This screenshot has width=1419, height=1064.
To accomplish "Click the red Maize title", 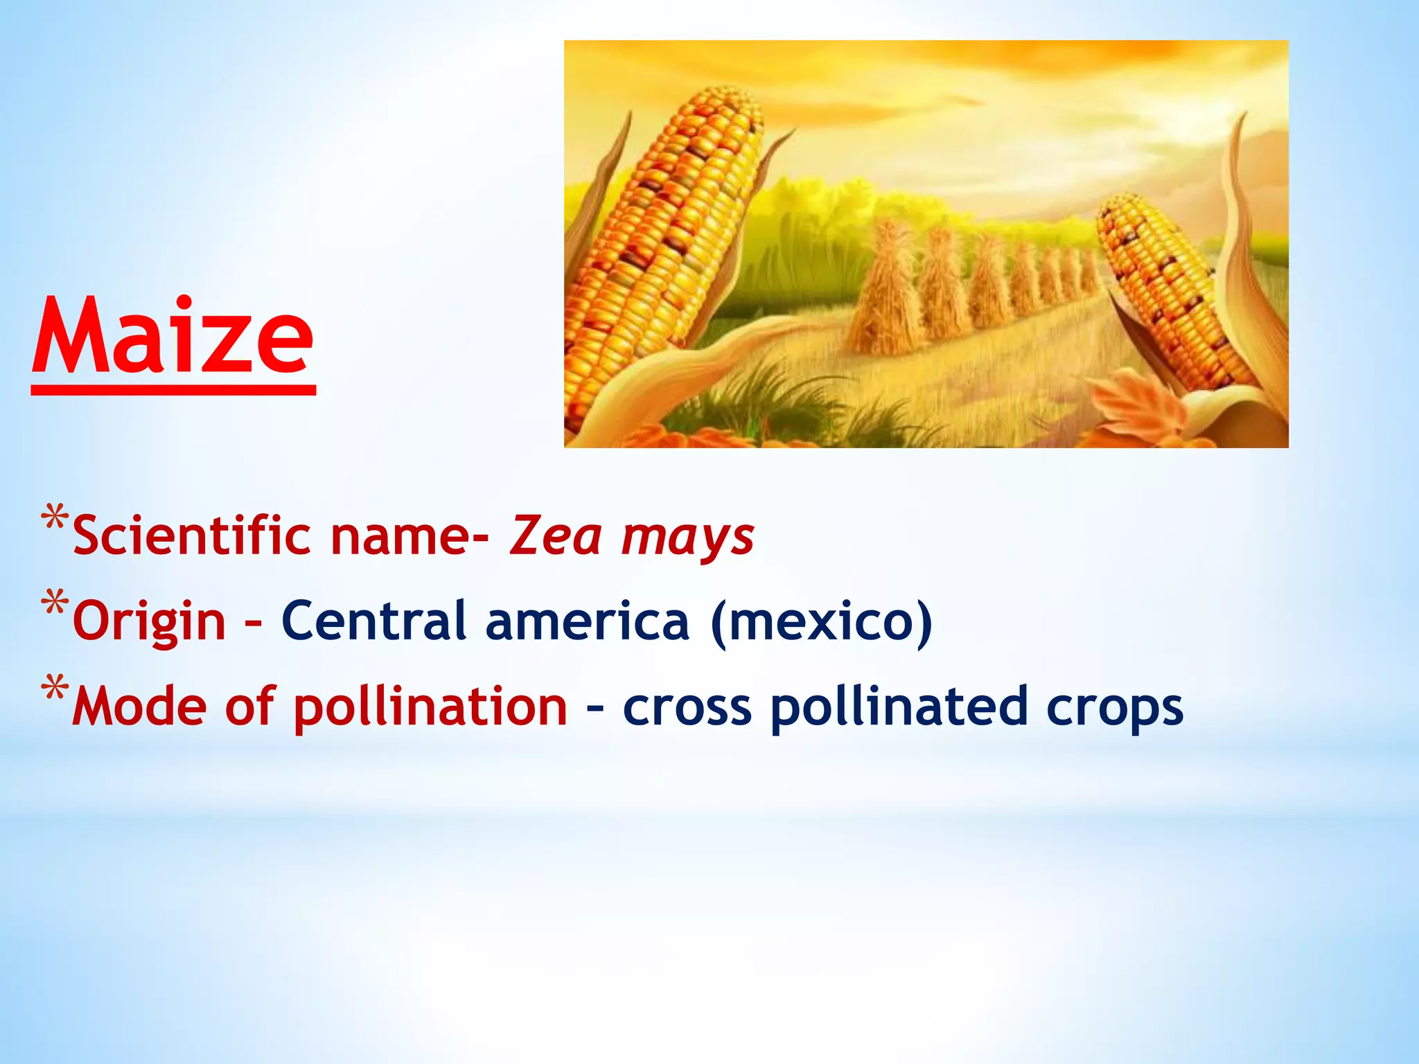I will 173,337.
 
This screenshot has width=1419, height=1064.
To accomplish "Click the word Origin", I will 149,622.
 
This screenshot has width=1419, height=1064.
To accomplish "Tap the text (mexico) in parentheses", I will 821,621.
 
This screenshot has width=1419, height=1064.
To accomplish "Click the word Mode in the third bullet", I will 139,707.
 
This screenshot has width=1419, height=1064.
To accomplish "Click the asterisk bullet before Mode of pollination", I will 54,689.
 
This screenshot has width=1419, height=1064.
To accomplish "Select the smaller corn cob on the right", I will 1171,291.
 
